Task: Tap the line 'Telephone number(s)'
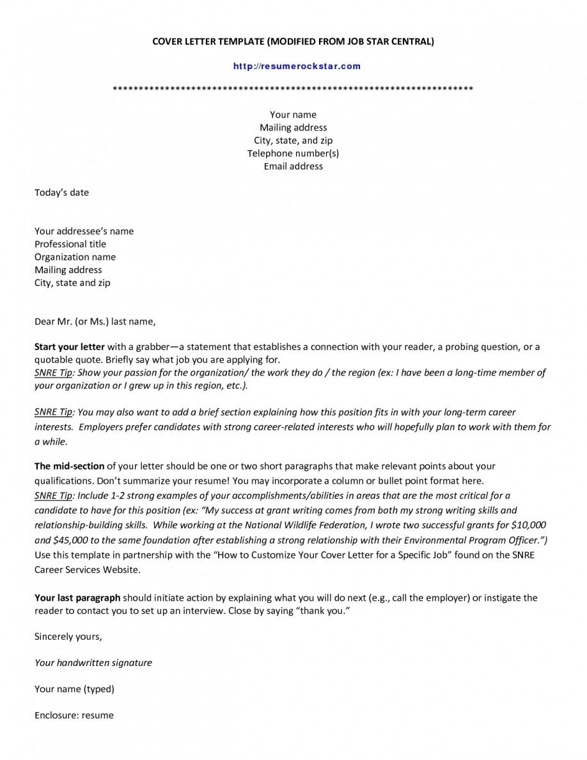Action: [293, 154]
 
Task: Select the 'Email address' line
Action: [293, 166]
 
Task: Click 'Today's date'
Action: [61, 193]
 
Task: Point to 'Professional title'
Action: [70, 244]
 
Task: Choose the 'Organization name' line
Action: [75, 257]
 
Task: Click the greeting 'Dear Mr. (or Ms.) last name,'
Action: [95, 321]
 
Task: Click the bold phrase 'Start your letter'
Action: [69, 347]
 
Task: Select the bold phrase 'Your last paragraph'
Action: [77, 598]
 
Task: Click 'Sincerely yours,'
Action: [68, 637]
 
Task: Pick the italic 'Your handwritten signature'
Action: [93, 663]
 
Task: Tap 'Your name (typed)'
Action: [74, 690]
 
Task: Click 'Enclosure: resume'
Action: [74, 716]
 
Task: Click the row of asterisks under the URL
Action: [292, 88]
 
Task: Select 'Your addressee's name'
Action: [84, 232]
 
